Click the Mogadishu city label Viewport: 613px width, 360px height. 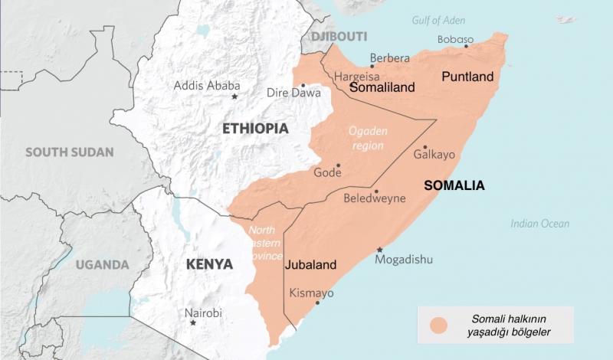404,260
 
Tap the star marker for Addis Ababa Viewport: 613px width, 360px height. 234,97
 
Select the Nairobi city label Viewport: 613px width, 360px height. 203,313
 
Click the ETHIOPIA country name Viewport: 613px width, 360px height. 255,129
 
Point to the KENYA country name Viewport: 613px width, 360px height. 209,264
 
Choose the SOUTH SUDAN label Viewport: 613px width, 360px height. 69,152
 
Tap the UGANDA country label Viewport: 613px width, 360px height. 102,265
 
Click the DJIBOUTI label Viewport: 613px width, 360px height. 339,36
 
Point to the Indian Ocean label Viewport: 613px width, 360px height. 540,224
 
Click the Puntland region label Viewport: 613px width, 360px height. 467,77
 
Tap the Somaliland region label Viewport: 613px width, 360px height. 382,87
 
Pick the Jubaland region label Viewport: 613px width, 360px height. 310,266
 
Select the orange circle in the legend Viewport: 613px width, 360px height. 439,326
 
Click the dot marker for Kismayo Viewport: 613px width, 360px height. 317,303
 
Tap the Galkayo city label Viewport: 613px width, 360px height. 434,155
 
